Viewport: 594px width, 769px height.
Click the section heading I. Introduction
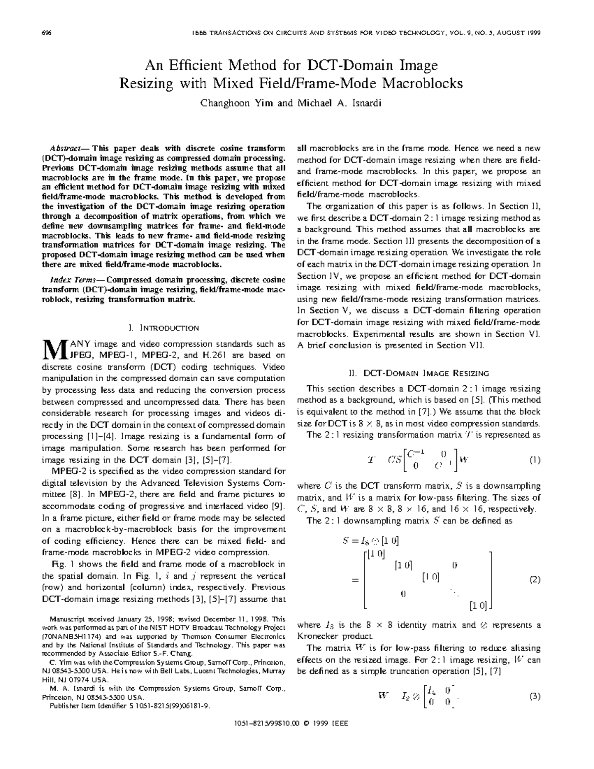(x=163, y=328)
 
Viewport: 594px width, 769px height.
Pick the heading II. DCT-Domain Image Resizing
(x=418, y=373)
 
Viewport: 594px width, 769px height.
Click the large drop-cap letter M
(x=53, y=349)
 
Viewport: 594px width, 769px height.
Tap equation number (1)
(x=535, y=460)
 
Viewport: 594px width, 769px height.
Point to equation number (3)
(x=535, y=697)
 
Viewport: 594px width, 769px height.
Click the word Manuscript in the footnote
(x=67, y=618)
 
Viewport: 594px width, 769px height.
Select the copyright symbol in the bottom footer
(x=307, y=723)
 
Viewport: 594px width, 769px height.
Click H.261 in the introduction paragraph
(x=214, y=355)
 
